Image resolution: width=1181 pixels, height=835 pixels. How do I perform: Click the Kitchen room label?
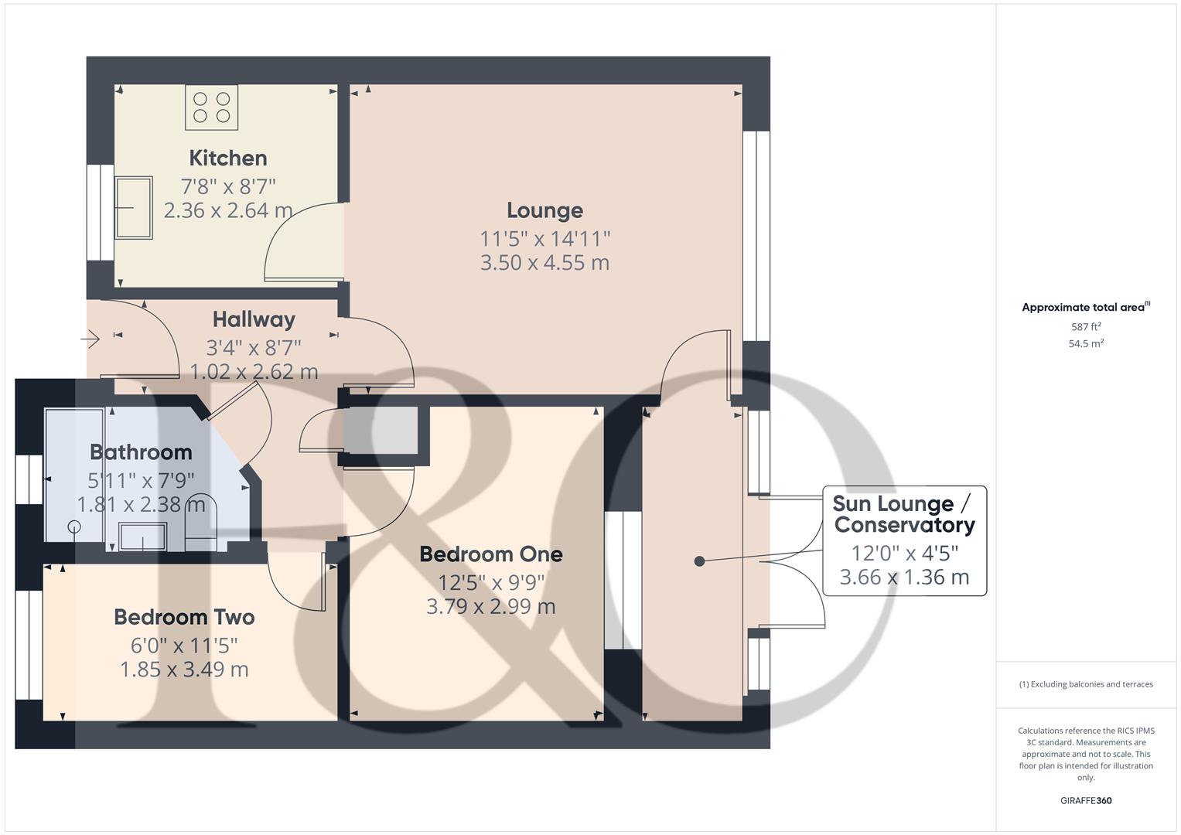(228, 158)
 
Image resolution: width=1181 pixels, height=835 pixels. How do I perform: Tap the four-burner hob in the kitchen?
(212, 107)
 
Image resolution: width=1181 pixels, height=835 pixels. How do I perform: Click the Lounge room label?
(544, 210)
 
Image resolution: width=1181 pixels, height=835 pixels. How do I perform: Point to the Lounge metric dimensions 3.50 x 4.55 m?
(544, 263)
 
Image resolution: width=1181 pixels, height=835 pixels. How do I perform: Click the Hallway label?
(254, 319)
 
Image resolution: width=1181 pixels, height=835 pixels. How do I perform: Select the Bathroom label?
(141, 452)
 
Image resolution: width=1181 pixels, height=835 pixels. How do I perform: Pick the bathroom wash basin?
(142, 536)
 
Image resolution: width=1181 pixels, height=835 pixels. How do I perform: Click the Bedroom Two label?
(184, 617)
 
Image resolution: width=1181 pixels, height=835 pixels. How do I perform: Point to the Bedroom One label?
(491, 554)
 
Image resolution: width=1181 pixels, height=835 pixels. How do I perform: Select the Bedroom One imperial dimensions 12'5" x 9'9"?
(491, 581)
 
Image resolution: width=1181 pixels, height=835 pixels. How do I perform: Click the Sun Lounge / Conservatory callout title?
(903, 514)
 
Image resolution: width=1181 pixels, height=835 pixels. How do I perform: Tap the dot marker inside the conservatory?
(699, 561)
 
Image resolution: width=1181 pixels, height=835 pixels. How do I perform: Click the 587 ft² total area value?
(1085, 327)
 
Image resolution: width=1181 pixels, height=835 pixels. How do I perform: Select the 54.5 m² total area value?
(1085, 344)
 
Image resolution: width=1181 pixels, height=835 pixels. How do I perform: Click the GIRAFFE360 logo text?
(1085, 800)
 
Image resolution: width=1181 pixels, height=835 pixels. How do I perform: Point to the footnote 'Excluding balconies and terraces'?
(1086, 684)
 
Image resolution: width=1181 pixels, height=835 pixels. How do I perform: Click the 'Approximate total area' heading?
(1085, 308)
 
